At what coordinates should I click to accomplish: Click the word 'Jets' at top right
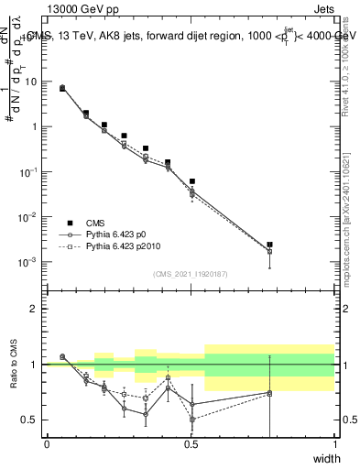323,8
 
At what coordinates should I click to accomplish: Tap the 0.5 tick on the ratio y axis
30,420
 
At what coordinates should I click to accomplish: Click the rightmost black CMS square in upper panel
269,245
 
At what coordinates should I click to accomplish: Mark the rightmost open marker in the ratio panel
269,393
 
